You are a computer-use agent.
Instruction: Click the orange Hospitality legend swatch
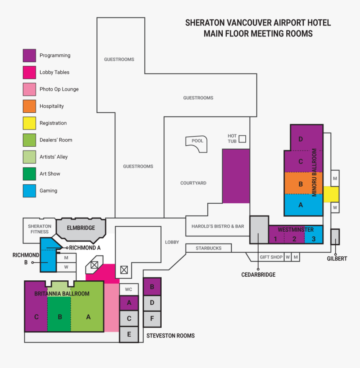point(29,106)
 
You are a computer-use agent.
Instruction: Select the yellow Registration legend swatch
point(29,123)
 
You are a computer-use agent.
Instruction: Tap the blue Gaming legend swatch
point(29,191)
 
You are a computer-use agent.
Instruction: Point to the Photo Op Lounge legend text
point(59,89)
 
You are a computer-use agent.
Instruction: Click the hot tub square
point(242,139)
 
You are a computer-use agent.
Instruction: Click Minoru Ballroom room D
point(306,138)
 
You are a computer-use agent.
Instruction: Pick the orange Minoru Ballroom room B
point(303,183)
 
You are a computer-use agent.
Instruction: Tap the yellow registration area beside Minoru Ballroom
point(331,194)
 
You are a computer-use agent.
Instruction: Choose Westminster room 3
point(314,234)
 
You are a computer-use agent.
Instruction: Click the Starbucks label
point(208,248)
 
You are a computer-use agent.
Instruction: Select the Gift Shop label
point(271,257)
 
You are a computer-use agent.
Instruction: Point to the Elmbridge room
point(81,230)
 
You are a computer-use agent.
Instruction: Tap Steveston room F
point(152,319)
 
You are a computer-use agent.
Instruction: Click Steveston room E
point(129,334)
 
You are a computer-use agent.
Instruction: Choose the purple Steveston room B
point(152,287)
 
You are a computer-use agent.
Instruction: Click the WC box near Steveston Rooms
point(129,289)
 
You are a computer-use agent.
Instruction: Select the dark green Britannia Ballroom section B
point(59,314)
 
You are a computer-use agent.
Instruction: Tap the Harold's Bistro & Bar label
point(218,226)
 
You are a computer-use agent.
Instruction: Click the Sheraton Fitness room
point(39,230)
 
